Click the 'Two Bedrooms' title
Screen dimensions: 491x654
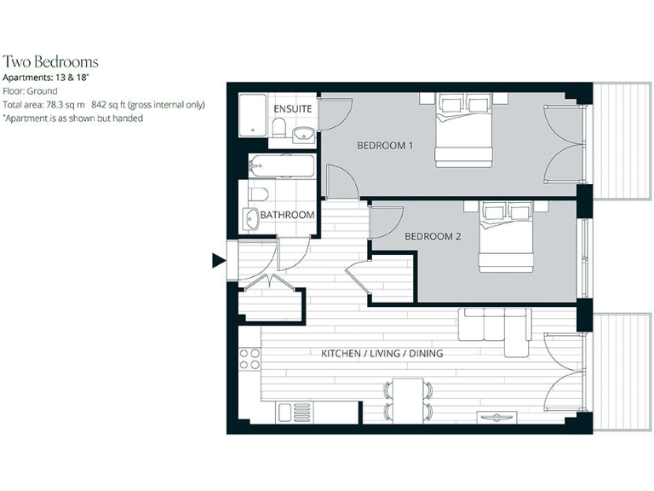(50, 61)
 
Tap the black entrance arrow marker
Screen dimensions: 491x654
(218, 262)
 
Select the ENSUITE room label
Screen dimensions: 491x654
(292, 110)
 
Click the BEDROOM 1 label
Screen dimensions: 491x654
(385, 146)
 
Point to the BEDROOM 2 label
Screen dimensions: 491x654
(433, 236)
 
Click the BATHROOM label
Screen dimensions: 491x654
(287, 215)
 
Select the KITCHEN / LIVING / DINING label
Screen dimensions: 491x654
(381, 353)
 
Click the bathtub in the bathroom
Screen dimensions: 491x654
(281, 165)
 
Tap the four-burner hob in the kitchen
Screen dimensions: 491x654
(250, 358)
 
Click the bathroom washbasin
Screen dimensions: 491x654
(250, 218)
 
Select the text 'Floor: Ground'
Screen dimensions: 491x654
(31, 90)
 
